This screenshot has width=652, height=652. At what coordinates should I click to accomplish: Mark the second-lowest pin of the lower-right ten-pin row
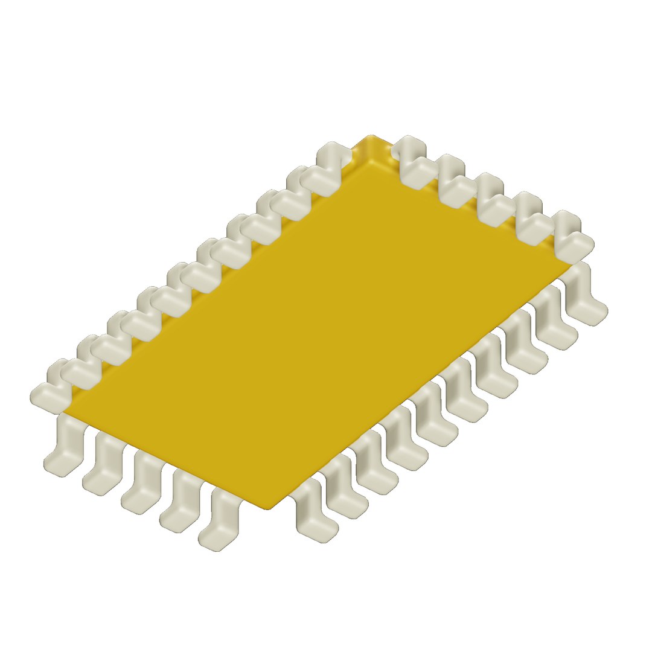click(345, 489)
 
